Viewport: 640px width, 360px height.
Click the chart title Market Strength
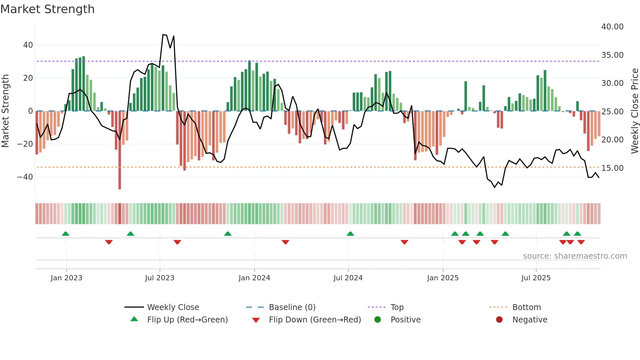47,9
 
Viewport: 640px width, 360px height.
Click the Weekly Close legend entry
173,307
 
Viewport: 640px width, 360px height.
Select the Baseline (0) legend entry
292,307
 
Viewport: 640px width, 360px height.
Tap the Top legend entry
397,307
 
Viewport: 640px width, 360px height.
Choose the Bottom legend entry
526,307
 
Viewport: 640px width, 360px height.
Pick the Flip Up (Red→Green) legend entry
187,320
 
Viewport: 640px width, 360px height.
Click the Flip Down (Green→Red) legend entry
315,320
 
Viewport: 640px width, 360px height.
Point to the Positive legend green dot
378,320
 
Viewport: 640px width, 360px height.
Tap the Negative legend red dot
499,320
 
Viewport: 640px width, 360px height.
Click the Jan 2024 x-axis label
254,278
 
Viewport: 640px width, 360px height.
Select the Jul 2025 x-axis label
536,278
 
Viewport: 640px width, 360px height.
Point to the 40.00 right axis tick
612,27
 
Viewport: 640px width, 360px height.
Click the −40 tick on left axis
25,177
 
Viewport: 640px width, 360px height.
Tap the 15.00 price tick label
612,168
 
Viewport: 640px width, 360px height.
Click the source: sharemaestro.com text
575,256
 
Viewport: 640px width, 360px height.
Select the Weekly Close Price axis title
634,111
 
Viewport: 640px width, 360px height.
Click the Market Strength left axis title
5,111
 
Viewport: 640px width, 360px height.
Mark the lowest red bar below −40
120,188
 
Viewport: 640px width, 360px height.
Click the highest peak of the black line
163,35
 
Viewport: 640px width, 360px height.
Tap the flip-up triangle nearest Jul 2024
350,234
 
